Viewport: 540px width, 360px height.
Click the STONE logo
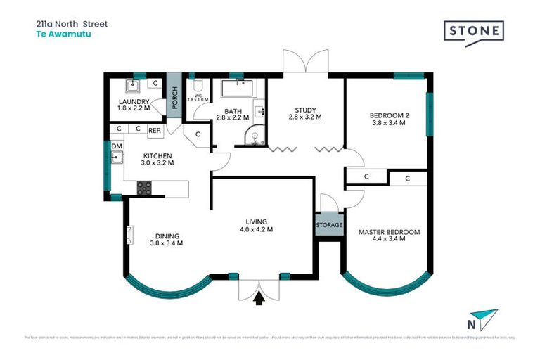[x=474, y=32]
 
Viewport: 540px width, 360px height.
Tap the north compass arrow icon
[x=484, y=319]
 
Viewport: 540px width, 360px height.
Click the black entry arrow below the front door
[x=259, y=299]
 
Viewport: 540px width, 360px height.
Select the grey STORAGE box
[x=329, y=226]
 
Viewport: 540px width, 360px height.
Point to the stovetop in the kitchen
[x=144, y=188]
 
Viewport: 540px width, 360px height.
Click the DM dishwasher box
[x=117, y=146]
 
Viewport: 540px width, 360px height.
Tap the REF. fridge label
[x=155, y=130]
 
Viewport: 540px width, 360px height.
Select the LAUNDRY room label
[x=134, y=102]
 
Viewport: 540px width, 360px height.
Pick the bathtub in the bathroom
[x=238, y=89]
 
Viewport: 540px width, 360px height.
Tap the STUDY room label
[x=305, y=110]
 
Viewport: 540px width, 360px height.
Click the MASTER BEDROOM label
[x=389, y=232]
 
